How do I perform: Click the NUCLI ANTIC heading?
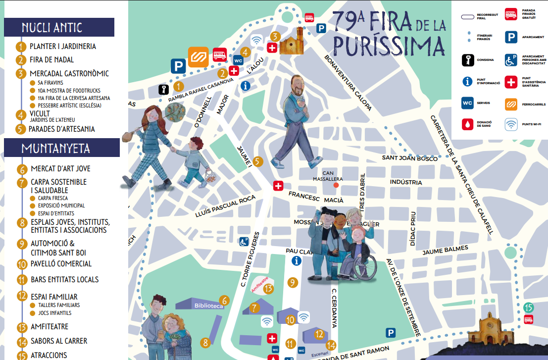(x=52, y=28)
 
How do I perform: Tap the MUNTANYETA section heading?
(x=55, y=148)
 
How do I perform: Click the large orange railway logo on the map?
(x=198, y=56)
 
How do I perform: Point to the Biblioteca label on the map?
(x=208, y=306)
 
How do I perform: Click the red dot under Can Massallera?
(x=336, y=185)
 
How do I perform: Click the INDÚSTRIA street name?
(x=406, y=182)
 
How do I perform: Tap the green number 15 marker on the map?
(x=529, y=308)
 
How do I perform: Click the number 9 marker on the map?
(x=293, y=283)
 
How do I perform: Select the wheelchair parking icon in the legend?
(x=511, y=60)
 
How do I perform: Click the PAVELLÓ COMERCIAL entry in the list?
(x=61, y=264)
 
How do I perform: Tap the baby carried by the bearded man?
(x=302, y=106)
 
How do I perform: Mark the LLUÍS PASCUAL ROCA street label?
(x=225, y=206)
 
